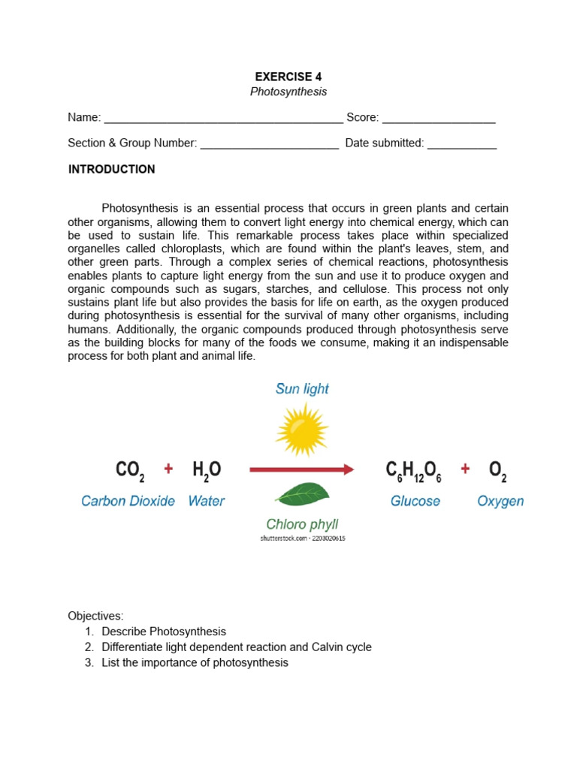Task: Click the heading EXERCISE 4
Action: (x=288, y=77)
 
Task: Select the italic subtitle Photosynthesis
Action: (x=288, y=92)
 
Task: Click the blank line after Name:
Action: (x=223, y=119)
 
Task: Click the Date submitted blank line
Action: (x=462, y=144)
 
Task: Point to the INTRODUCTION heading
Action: (x=112, y=170)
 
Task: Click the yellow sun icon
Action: (x=302, y=429)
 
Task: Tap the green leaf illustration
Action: (x=302, y=493)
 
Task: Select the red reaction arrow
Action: (x=301, y=470)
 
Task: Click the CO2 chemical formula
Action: (x=130, y=471)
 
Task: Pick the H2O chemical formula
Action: (x=207, y=471)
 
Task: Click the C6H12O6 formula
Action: (x=413, y=471)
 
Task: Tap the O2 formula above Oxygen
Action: (x=498, y=471)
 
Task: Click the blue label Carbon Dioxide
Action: (x=128, y=501)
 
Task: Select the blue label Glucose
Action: (x=415, y=501)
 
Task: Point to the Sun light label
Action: (x=302, y=389)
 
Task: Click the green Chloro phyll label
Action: (x=302, y=524)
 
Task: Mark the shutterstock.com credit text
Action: (x=303, y=538)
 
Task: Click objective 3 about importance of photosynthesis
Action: (x=195, y=662)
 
